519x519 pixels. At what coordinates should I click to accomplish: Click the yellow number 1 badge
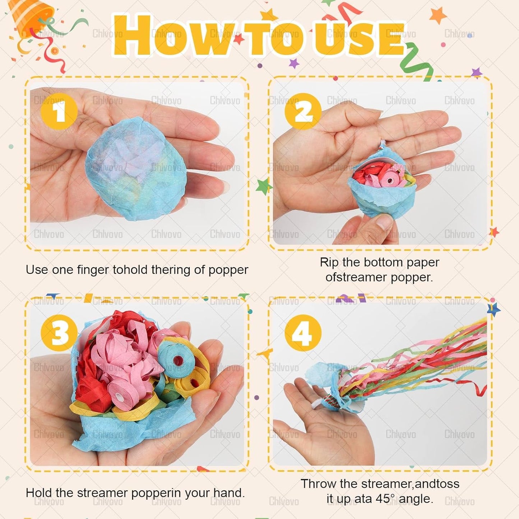coord(59,111)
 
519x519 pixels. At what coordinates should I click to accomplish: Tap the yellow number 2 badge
coord(303,111)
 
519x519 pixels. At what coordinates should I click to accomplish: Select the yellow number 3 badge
coord(59,333)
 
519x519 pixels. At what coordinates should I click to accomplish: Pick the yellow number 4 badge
coord(303,333)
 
